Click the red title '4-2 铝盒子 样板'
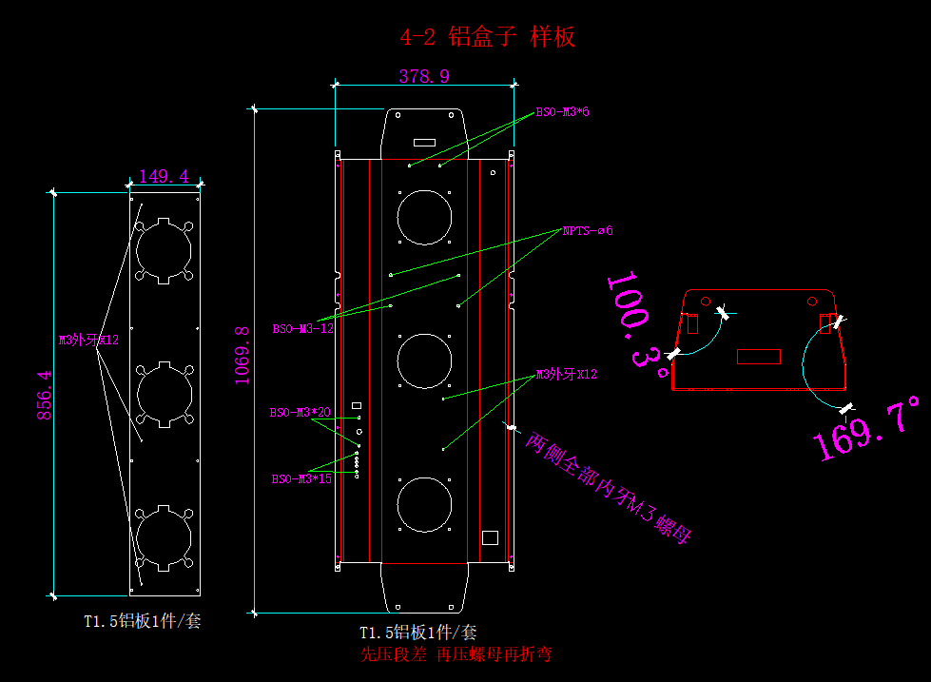[488, 37]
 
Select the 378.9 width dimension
[424, 76]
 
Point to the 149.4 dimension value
[164, 176]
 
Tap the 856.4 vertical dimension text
[44, 396]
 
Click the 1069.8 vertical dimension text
[242, 356]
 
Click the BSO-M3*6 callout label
[562, 112]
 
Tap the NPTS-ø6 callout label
[587, 230]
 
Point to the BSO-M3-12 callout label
[302, 329]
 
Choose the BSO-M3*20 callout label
[300, 413]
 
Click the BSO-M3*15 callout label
[301, 478]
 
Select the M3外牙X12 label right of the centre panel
[567, 374]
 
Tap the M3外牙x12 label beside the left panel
[88, 340]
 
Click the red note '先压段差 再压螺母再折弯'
[456, 654]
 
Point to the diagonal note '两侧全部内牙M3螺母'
[608, 490]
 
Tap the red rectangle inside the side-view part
[759, 357]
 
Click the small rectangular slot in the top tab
[424, 143]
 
